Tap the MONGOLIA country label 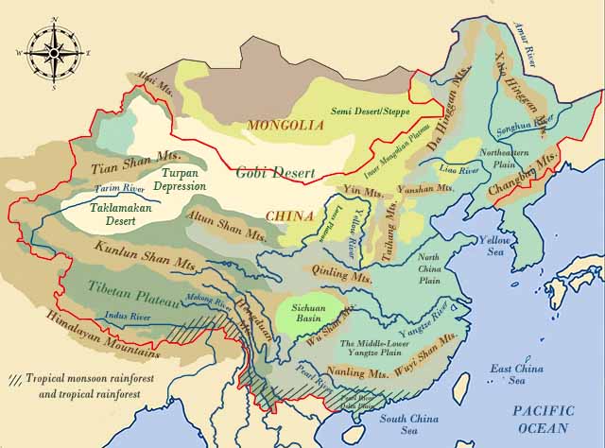[x=279, y=125]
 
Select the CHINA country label [x=289, y=215]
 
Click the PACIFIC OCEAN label [x=543, y=419]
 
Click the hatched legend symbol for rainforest [x=16, y=377]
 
